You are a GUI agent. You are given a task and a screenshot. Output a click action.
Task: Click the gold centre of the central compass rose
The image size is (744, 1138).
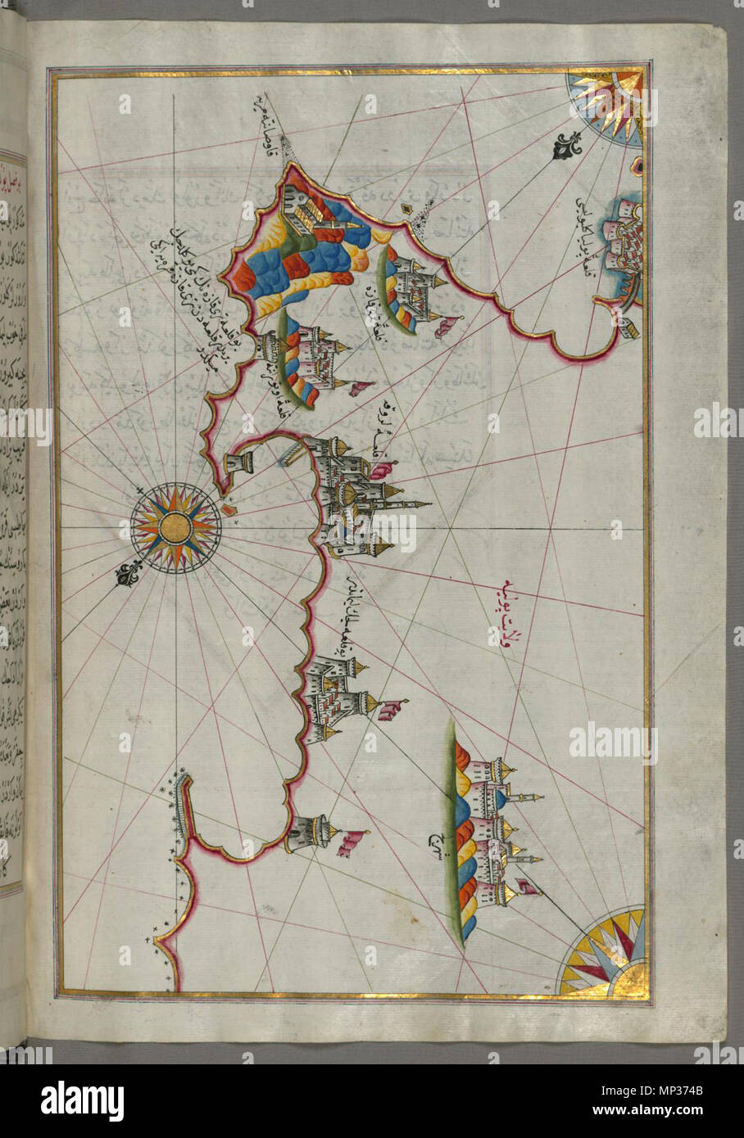(x=175, y=526)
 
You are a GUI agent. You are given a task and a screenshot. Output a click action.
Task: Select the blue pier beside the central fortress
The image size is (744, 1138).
(x=290, y=453)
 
